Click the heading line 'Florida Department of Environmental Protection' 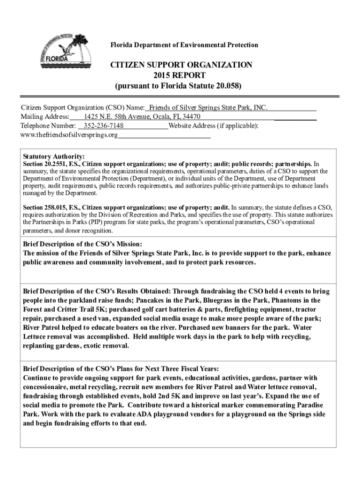tap(184, 45)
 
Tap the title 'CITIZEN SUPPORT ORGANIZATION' tap(181, 65)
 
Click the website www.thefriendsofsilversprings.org tap(69, 136)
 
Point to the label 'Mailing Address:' tap(45, 117)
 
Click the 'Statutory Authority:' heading tap(54, 157)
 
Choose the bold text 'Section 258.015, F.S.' tap(52, 207)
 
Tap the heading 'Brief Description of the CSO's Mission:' tap(82, 244)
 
